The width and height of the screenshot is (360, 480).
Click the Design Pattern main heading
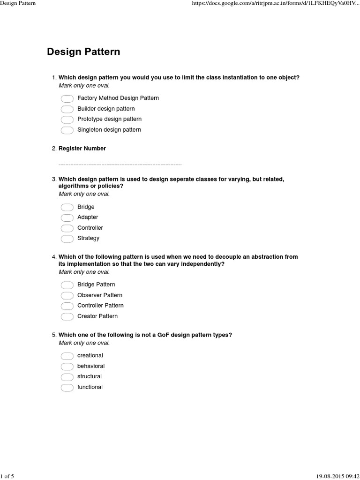[x=83, y=52]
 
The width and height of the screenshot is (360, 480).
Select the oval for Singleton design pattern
[x=67, y=130]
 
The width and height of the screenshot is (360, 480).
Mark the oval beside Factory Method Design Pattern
[x=67, y=98]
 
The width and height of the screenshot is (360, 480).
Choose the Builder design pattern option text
[x=106, y=109]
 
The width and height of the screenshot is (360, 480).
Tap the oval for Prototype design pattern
[x=67, y=120]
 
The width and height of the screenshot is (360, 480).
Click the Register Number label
[x=82, y=149]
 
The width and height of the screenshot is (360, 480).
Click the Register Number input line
[x=120, y=165]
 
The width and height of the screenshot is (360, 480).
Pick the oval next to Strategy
[x=67, y=239]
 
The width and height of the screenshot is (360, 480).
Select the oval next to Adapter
[x=67, y=217]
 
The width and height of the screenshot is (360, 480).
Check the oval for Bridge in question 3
[x=67, y=207]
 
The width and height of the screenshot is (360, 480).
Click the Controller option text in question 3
[x=90, y=228]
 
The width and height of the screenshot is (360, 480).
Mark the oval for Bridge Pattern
[x=67, y=285]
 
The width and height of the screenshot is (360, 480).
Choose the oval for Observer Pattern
[x=67, y=295]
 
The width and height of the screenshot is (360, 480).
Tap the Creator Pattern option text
[x=97, y=316]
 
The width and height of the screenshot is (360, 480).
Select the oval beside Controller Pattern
[x=67, y=306]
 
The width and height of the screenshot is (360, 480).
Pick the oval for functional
[x=67, y=388]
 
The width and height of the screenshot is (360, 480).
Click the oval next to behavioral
[x=67, y=367]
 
